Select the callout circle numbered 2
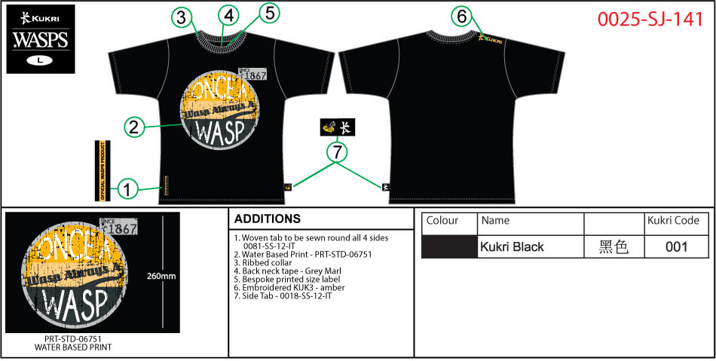pyautogui.click(x=133, y=127)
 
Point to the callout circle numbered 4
pyautogui.click(x=229, y=15)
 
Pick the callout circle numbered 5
pyautogui.click(x=270, y=12)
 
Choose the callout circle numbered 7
pyautogui.click(x=337, y=153)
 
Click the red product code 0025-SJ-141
pyautogui.click(x=650, y=20)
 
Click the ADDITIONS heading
pyautogui.click(x=268, y=219)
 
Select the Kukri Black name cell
pyautogui.click(x=531, y=246)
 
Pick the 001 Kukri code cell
pyautogui.click(x=676, y=246)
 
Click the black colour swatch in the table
pyautogui.click(x=449, y=246)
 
